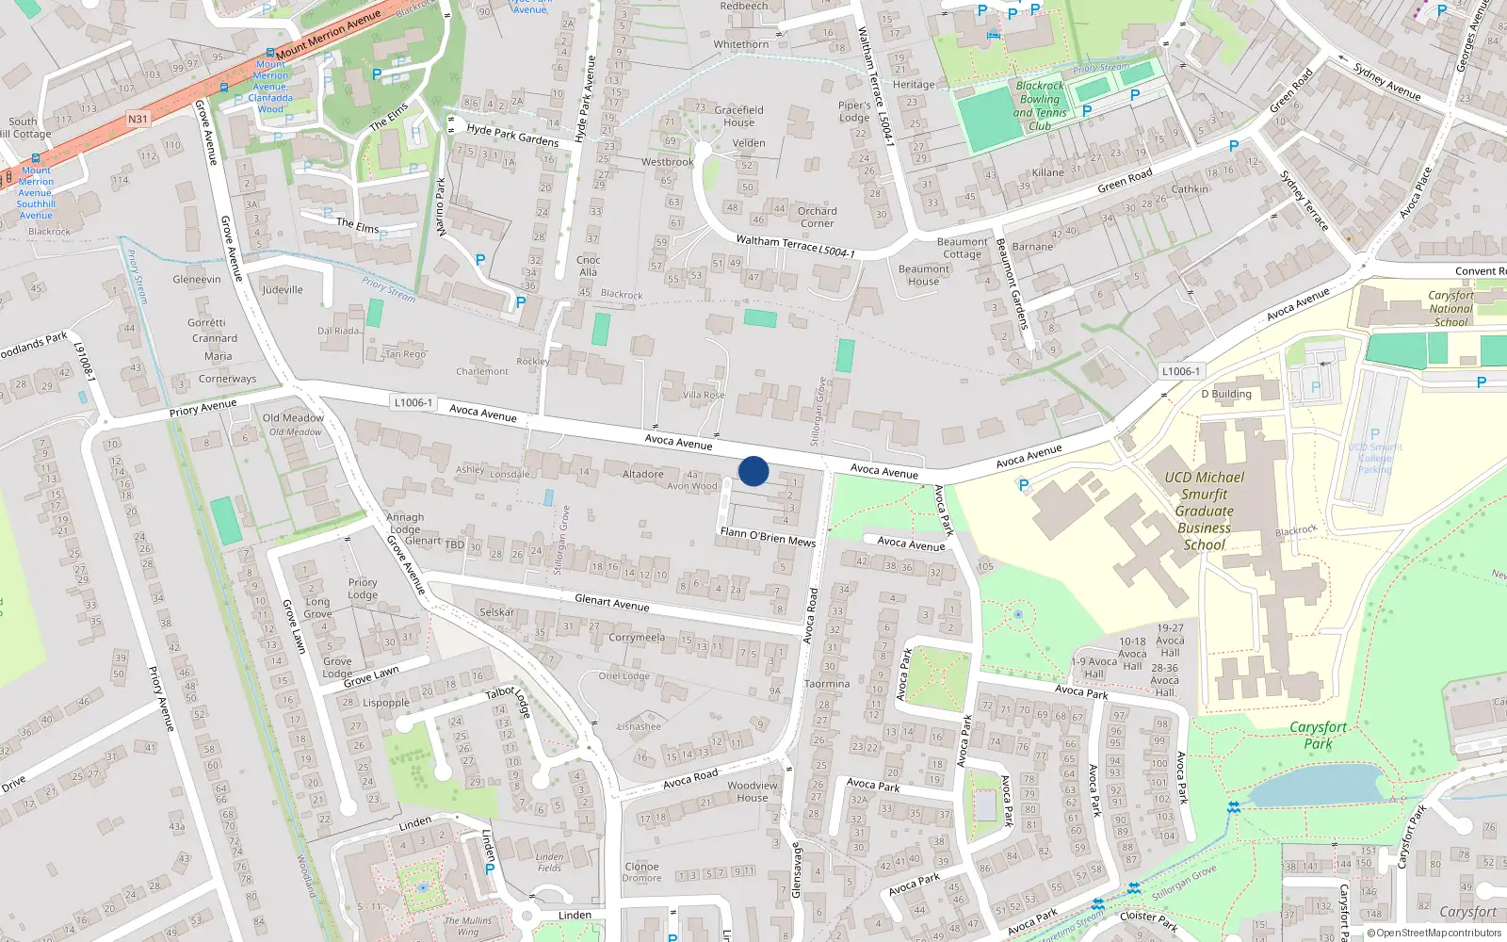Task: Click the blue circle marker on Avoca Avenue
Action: tap(753, 471)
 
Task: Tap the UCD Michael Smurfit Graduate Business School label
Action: tap(1205, 511)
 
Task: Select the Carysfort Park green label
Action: tap(1318, 735)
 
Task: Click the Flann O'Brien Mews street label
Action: tap(768, 536)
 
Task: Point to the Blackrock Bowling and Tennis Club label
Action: tap(1040, 106)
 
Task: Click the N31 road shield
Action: tap(138, 120)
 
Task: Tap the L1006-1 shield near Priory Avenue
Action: tap(413, 402)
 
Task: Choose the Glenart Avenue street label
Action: tap(611, 603)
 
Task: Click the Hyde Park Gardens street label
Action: tap(512, 135)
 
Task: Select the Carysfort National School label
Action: tap(1450, 308)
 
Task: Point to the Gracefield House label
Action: tap(739, 116)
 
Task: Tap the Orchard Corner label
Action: tap(817, 217)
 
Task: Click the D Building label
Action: tap(1226, 394)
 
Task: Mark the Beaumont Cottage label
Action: tap(962, 248)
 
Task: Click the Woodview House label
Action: tap(753, 791)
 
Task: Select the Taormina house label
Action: tap(827, 684)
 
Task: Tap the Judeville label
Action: tap(283, 289)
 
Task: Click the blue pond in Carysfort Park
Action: tap(1314, 785)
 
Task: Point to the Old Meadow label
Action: tap(293, 418)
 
